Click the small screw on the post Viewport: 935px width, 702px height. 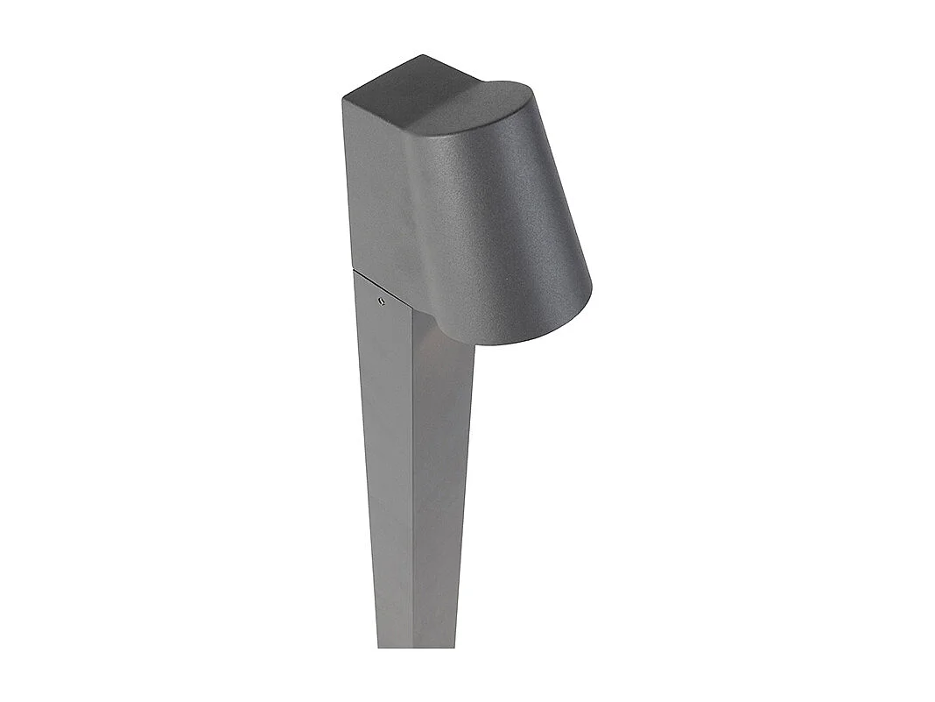click(381, 301)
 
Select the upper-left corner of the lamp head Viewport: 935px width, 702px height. click(343, 99)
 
